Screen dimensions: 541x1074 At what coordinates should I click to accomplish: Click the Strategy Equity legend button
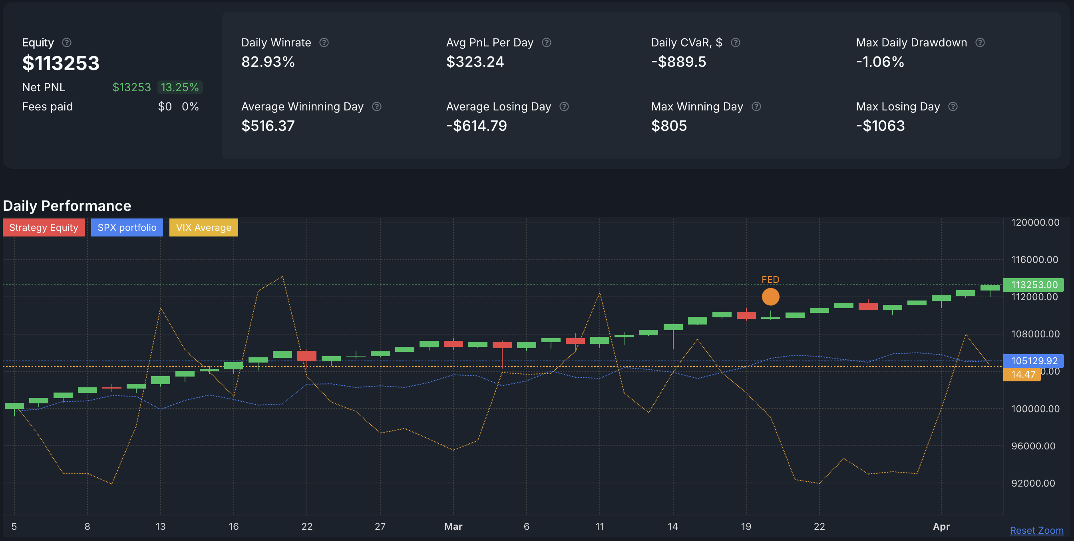click(44, 228)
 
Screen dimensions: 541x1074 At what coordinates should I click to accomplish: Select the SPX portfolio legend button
click(127, 228)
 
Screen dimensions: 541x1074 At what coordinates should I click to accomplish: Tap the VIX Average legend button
click(203, 228)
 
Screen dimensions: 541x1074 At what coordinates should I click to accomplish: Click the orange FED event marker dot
click(770, 297)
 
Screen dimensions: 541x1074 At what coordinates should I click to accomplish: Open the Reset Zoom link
click(1036, 530)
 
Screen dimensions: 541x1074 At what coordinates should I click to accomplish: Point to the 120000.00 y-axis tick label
click(1035, 222)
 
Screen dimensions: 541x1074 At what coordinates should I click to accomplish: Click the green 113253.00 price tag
click(1034, 285)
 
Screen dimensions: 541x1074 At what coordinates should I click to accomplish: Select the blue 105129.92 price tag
click(1034, 361)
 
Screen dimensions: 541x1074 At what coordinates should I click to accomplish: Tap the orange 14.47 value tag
click(1023, 374)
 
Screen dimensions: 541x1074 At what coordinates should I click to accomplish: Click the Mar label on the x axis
click(453, 526)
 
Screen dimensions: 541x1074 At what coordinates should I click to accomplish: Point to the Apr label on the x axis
click(941, 526)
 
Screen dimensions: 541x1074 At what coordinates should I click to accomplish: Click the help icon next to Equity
click(67, 42)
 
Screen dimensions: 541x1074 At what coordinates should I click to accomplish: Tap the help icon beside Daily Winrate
click(324, 42)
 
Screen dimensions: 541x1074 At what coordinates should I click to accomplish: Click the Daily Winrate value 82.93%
click(268, 62)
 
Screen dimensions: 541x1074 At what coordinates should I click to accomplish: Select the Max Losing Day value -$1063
click(880, 126)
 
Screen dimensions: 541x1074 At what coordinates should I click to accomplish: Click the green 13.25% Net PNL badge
click(180, 87)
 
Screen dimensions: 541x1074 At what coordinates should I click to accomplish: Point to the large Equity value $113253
click(61, 63)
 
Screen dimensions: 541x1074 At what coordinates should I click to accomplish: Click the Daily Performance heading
click(67, 206)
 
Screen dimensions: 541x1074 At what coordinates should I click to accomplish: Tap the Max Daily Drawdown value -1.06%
click(880, 62)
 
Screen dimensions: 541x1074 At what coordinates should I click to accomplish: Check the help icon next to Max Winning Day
click(756, 106)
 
